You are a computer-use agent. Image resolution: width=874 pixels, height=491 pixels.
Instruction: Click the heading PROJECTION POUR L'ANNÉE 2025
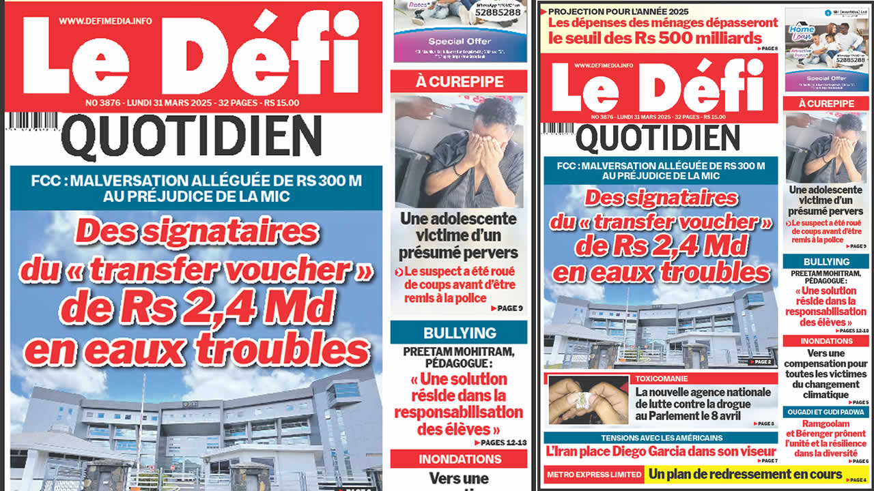pos(619,12)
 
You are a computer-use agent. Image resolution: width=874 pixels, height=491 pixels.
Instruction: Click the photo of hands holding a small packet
pos(587,400)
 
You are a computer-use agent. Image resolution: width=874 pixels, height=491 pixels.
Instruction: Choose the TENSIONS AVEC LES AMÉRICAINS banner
pos(661,438)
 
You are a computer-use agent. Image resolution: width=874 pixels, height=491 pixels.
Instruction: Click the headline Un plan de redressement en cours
pos(746,474)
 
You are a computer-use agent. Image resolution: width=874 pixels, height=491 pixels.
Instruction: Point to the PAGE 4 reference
pos(857,481)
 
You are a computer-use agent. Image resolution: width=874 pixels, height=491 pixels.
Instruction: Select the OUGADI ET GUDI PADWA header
pos(825,413)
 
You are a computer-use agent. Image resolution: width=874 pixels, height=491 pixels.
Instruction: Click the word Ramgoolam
pos(826,424)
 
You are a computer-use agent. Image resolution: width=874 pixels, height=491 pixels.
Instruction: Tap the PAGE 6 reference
pos(858,462)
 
